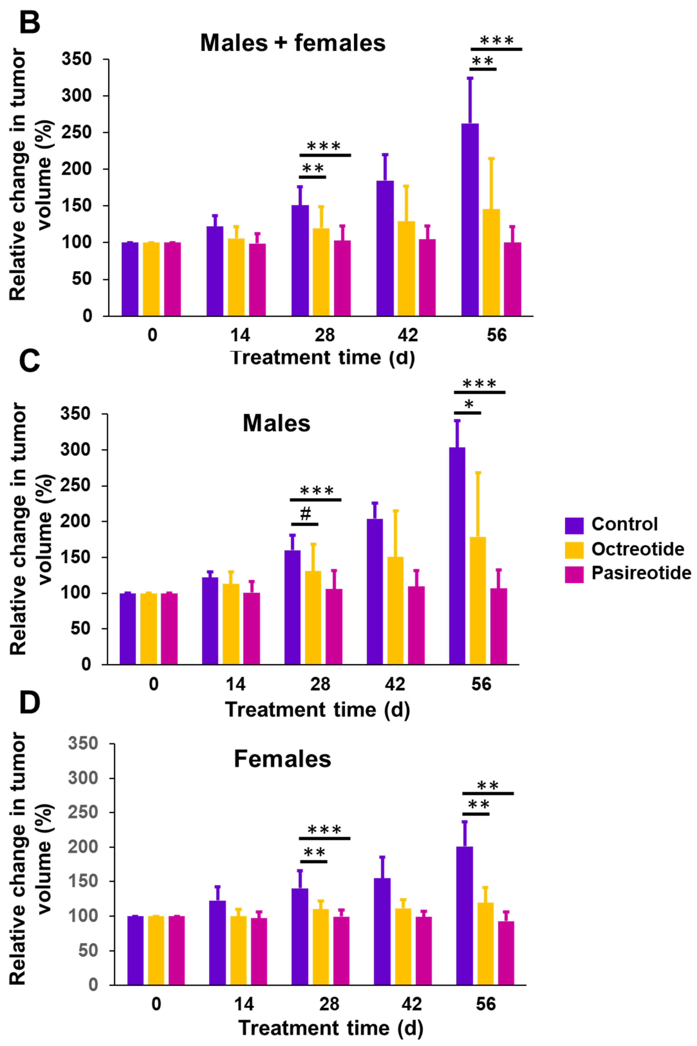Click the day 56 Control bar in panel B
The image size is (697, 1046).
coord(470,220)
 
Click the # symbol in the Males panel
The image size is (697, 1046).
coord(305,514)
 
